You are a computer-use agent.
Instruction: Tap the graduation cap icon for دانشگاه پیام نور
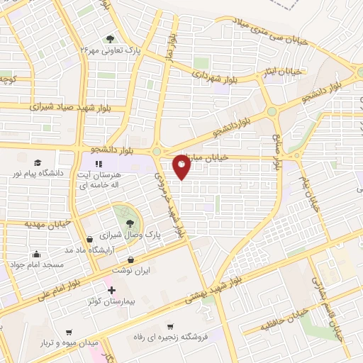pyautogui.click(x=36, y=162)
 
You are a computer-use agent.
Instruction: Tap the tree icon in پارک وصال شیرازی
pyautogui.click(x=130, y=222)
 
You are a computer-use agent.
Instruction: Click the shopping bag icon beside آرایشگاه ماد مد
pyautogui.click(x=89, y=239)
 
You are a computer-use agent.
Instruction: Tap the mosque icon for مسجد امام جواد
pyautogui.click(x=36, y=254)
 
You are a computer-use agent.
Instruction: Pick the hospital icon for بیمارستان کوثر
pyautogui.click(x=110, y=290)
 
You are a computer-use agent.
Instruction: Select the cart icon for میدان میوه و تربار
pyautogui.click(x=69, y=333)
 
